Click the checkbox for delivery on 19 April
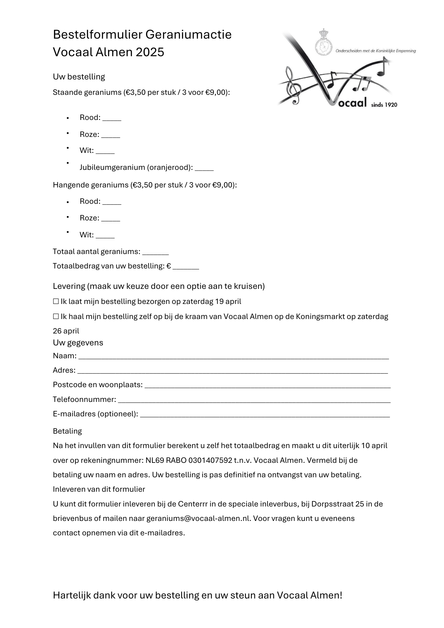(56, 301)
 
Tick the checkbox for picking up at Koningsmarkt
(56, 317)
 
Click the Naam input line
(233, 357)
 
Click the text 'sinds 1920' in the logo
(384, 105)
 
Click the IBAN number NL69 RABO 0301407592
(189, 460)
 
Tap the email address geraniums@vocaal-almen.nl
(199, 518)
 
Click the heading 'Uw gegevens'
(78, 343)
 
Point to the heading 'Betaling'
(67, 431)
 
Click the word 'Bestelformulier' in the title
(97, 35)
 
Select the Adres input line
(232, 371)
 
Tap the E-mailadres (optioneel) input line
(265, 415)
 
